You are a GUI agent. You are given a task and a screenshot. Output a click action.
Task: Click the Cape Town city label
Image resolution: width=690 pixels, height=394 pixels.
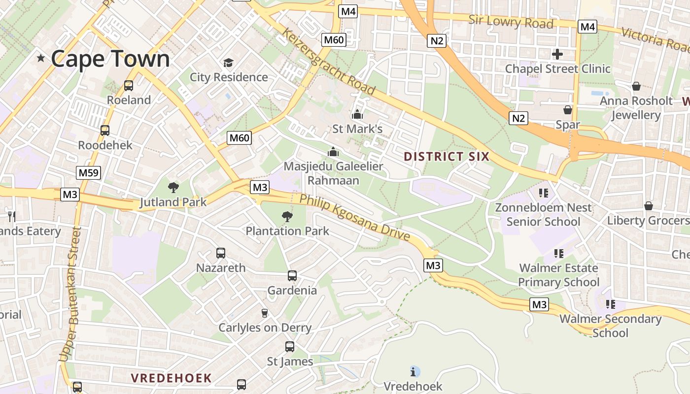coord(110,59)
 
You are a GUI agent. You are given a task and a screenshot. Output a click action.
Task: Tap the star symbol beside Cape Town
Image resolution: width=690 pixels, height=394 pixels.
coord(41,59)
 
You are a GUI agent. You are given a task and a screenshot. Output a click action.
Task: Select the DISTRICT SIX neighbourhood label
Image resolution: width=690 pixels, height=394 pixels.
coord(446,157)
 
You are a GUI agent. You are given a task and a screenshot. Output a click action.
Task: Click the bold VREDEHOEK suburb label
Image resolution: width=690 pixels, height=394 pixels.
coord(171,378)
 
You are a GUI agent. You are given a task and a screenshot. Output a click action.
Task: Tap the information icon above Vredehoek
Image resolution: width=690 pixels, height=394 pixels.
coord(414,371)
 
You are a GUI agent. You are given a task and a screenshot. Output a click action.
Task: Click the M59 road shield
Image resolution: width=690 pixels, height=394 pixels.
coord(89,173)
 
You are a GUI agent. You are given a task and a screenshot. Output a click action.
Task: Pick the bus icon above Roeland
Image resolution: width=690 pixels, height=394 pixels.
coord(129,86)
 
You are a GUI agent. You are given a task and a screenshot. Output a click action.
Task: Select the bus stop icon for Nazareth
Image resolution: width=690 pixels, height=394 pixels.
coord(221,253)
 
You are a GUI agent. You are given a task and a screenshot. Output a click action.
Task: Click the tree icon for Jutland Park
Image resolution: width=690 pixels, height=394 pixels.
coord(173,187)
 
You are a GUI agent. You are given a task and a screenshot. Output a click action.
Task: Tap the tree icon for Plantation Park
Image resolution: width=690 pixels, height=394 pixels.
coord(287,216)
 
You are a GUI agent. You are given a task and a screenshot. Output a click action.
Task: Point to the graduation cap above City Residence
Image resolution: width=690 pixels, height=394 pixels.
coord(228,63)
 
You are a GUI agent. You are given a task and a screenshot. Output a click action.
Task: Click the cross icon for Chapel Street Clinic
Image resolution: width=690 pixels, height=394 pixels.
coord(557,54)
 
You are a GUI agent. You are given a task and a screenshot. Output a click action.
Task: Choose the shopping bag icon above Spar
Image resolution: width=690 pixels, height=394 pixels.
coord(568,110)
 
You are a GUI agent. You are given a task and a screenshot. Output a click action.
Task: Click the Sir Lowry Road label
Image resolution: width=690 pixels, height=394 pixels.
coord(511,22)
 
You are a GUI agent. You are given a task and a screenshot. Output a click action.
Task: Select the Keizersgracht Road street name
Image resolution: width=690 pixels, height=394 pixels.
coord(328,61)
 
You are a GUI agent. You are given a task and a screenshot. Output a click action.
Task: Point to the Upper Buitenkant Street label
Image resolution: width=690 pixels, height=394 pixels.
coord(69,294)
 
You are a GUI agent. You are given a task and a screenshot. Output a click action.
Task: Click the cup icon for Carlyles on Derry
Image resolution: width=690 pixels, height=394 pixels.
coord(265,313)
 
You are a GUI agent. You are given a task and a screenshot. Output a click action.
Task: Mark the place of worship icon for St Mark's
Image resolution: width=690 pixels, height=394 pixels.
coord(357,115)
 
